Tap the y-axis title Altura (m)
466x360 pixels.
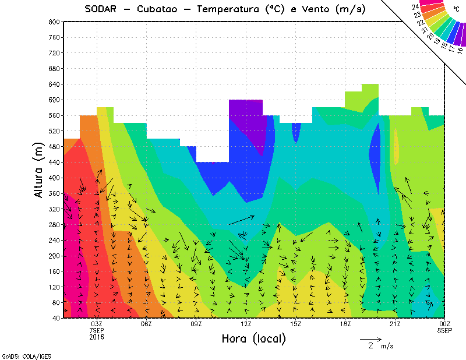(x=39, y=170)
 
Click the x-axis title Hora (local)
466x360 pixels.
(x=252, y=338)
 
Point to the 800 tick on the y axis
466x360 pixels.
(x=53, y=22)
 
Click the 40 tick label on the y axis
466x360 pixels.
(x=55, y=318)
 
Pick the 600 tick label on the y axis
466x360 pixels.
(x=53, y=100)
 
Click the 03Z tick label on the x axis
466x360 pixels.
(x=97, y=324)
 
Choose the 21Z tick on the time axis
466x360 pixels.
(x=395, y=324)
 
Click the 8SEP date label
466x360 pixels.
(x=444, y=330)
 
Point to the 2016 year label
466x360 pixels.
(x=97, y=337)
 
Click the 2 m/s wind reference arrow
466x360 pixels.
(x=370, y=338)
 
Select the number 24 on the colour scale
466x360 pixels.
(x=415, y=6)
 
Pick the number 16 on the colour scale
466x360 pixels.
(x=460, y=50)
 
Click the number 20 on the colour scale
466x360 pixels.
(x=430, y=35)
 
